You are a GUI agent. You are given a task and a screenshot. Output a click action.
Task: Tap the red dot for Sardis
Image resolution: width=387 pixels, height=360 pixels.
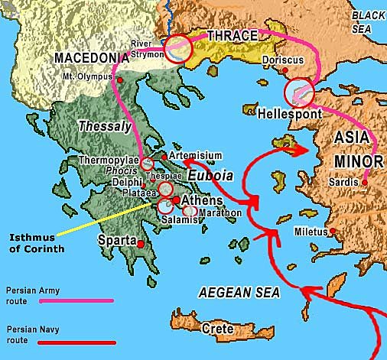[366, 182]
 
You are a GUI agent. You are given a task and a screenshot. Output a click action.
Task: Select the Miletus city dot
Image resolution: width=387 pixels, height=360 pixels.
[333, 231]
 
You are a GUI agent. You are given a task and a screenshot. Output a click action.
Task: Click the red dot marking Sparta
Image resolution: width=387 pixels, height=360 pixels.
[140, 243]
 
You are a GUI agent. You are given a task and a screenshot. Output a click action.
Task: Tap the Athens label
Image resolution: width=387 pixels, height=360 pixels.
[202, 201]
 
